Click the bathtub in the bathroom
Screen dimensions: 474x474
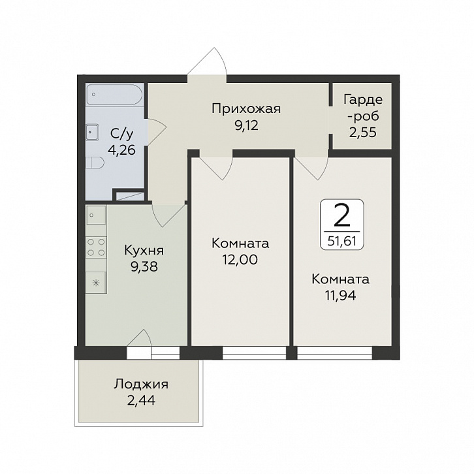(x=114, y=95)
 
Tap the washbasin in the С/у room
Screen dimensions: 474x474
(x=92, y=132)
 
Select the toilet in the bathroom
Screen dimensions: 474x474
(x=95, y=163)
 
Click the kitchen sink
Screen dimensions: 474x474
(x=96, y=215)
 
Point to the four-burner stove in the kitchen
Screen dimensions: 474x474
(x=96, y=247)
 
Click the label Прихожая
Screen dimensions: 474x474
(x=246, y=109)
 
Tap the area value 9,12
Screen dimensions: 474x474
(x=247, y=125)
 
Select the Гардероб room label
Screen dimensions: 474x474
(x=362, y=108)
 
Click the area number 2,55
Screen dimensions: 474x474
(x=363, y=133)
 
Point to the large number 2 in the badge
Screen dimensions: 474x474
(x=342, y=215)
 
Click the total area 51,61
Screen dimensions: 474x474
(x=342, y=241)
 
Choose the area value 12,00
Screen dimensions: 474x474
(x=240, y=260)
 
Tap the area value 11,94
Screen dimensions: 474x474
(x=341, y=295)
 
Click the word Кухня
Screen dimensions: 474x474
(x=144, y=251)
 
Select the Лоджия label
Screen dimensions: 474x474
(x=141, y=385)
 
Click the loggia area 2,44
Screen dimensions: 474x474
(x=142, y=400)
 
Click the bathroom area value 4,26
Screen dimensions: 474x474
(x=123, y=150)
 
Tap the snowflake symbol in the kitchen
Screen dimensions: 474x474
(x=95, y=283)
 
